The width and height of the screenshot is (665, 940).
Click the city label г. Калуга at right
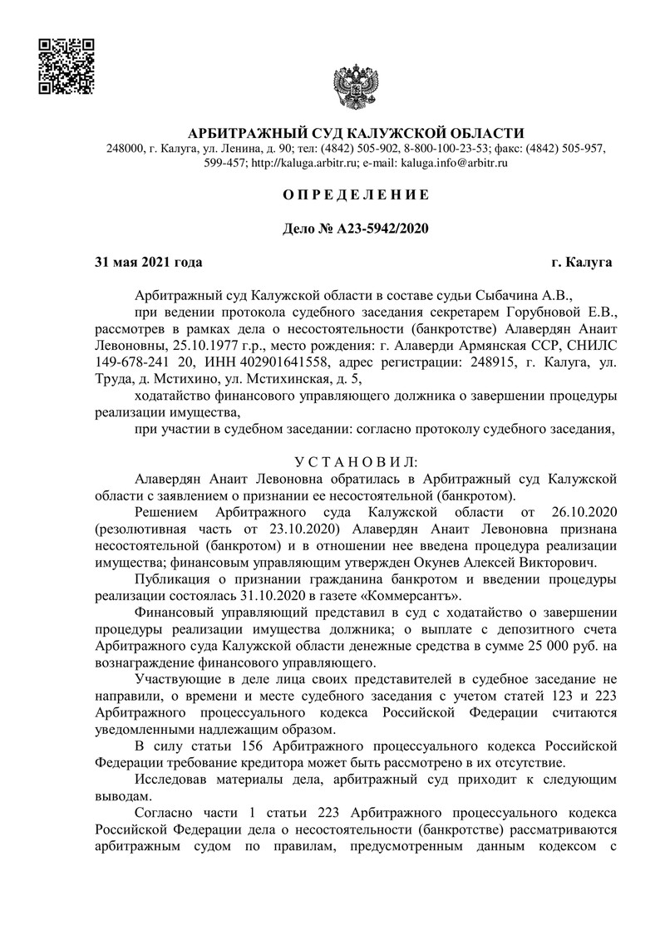[x=582, y=263]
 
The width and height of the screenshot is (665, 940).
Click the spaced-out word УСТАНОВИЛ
[x=357, y=461]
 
